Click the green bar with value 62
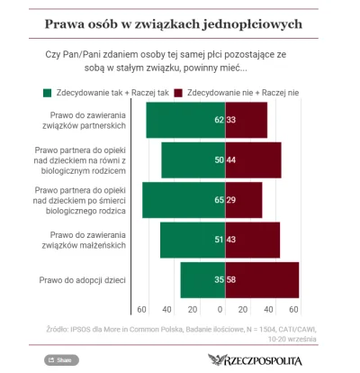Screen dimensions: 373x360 [185, 120]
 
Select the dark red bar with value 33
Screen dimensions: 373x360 [246, 120]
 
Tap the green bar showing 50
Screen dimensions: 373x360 [193, 159]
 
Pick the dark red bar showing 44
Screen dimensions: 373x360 [253, 159]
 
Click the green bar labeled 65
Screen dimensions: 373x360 [184, 200]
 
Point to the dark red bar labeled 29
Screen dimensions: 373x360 [243, 200]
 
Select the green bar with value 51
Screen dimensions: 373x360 [192, 241]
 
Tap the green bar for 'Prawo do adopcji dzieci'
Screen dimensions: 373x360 [202, 280]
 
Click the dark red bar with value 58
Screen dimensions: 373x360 [261, 280]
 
